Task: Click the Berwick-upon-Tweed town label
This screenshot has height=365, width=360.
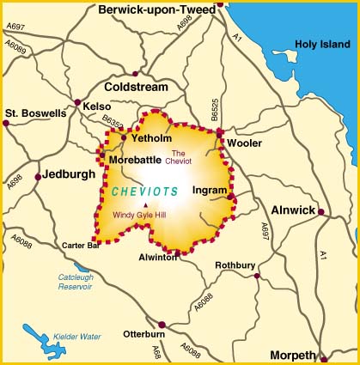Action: [x=156, y=9]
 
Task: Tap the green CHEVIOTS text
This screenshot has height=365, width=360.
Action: [x=144, y=192]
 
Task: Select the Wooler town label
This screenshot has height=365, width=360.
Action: [x=244, y=143]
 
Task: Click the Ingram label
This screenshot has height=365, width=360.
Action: [x=210, y=190]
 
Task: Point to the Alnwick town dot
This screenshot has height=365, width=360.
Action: [x=320, y=211]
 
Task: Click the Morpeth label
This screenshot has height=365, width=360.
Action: [x=296, y=354]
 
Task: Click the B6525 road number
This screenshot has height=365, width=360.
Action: [x=215, y=109]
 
